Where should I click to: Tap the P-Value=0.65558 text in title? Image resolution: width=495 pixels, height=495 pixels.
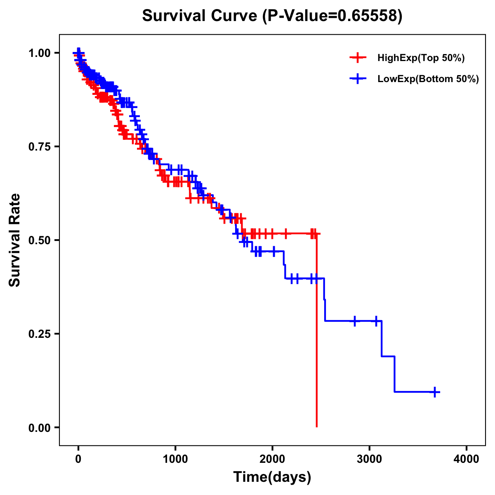333,16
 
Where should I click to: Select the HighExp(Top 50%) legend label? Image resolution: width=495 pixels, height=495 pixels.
421,58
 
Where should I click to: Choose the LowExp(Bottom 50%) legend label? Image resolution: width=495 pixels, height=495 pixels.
428,79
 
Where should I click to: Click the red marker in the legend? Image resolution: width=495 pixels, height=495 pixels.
358,58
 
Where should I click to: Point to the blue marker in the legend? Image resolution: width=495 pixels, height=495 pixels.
358,79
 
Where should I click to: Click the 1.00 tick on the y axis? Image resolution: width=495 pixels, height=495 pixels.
39,53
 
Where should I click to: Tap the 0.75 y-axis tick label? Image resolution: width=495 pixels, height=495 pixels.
39,146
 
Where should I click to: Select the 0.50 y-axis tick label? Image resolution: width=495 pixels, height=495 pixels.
39,240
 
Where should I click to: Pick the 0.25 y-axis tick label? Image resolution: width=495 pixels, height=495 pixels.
39,334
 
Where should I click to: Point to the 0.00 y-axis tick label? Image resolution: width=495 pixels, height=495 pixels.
39,427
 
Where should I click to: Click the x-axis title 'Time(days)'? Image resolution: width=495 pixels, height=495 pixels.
272,477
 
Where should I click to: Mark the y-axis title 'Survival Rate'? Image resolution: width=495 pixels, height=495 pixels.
15,240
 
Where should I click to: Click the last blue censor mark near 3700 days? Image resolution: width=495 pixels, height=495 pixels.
435,392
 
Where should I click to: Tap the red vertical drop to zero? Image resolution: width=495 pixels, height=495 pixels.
316,330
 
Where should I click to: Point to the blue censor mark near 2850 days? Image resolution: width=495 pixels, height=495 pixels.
355,321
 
